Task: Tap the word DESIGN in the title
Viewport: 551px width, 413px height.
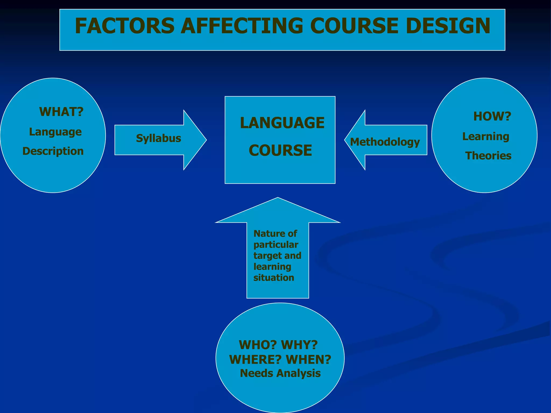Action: click(x=448, y=26)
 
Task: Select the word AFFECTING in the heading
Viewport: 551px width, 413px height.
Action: click(x=241, y=26)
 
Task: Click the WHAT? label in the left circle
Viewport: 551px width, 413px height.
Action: click(x=61, y=112)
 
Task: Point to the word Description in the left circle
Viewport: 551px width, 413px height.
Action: click(x=53, y=151)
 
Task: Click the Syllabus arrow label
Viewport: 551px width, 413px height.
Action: click(x=158, y=138)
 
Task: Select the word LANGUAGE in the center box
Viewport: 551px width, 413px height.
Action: click(x=282, y=123)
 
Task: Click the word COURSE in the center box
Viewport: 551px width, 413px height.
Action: click(x=280, y=150)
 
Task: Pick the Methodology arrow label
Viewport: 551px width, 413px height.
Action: click(x=385, y=142)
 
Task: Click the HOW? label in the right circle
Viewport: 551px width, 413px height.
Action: click(x=492, y=116)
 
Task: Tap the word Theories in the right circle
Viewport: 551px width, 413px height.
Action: click(x=488, y=156)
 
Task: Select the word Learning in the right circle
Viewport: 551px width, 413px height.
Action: click(x=486, y=137)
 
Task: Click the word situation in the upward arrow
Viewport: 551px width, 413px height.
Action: click(x=274, y=278)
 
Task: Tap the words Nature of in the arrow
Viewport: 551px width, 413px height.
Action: click(x=275, y=234)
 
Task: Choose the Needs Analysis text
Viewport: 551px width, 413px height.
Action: click(x=280, y=373)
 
